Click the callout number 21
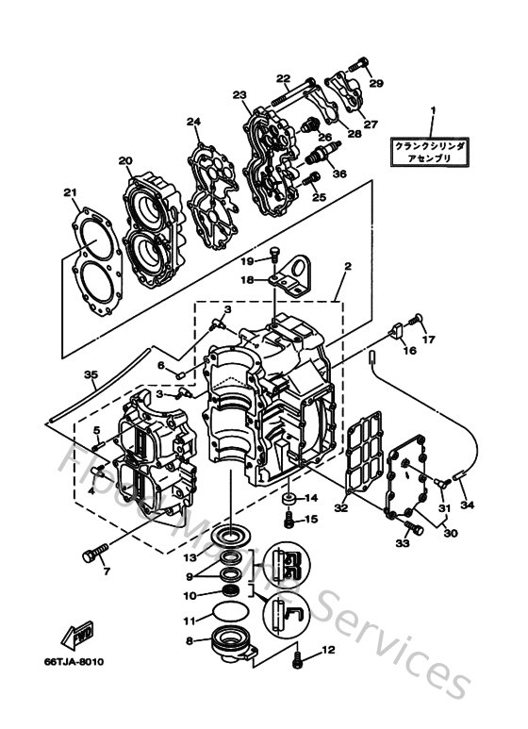(69, 194)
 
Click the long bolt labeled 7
(94, 555)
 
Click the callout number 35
(90, 374)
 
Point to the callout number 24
(194, 122)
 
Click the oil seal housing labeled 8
(230, 645)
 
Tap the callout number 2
(347, 267)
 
